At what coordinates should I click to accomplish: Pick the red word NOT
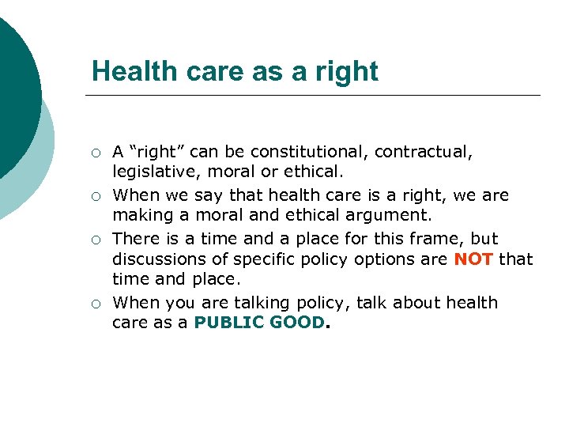[473, 259]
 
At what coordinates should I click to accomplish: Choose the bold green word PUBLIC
[226, 323]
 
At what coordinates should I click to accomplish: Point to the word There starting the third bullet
[135, 239]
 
